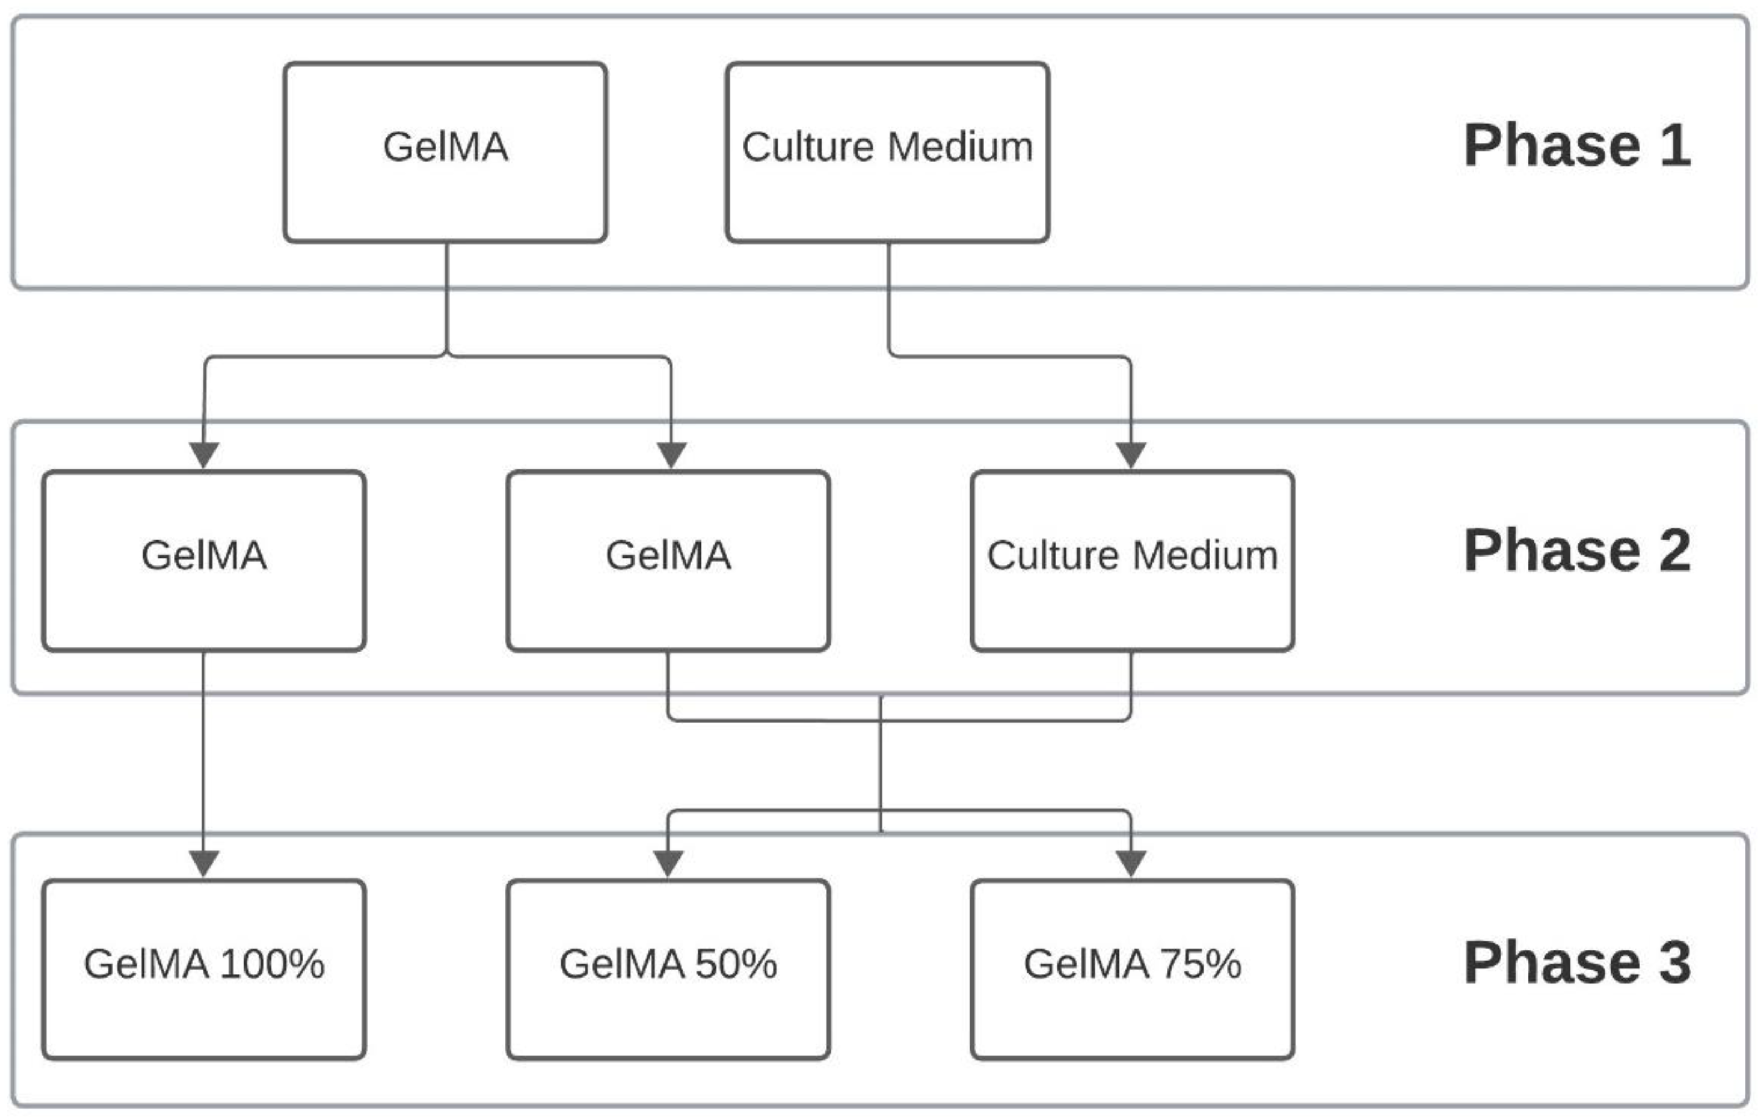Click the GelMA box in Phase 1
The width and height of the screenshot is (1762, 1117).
tap(445, 152)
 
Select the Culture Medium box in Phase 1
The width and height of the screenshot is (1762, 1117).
tap(887, 152)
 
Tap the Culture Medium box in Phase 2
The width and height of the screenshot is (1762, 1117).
tap(1132, 560)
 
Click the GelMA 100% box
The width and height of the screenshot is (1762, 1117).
tap(203, 969)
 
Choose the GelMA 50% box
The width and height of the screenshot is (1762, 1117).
tap(667, 969)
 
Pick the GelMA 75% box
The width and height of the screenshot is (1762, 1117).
tap(1132, 969)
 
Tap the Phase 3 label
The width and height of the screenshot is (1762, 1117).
tap(1577, 963)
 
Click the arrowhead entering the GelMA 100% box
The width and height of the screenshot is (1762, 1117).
tap(204, 863)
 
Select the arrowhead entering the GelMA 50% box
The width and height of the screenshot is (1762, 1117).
tap(667, 863)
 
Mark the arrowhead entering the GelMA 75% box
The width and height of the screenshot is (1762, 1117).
tap(1131, 863)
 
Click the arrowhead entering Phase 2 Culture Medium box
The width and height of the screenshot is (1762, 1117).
tap(1131, 454)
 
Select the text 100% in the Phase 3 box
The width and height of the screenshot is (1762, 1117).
tap(272, 964)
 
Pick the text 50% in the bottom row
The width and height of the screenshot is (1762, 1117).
tap(736, 964)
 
